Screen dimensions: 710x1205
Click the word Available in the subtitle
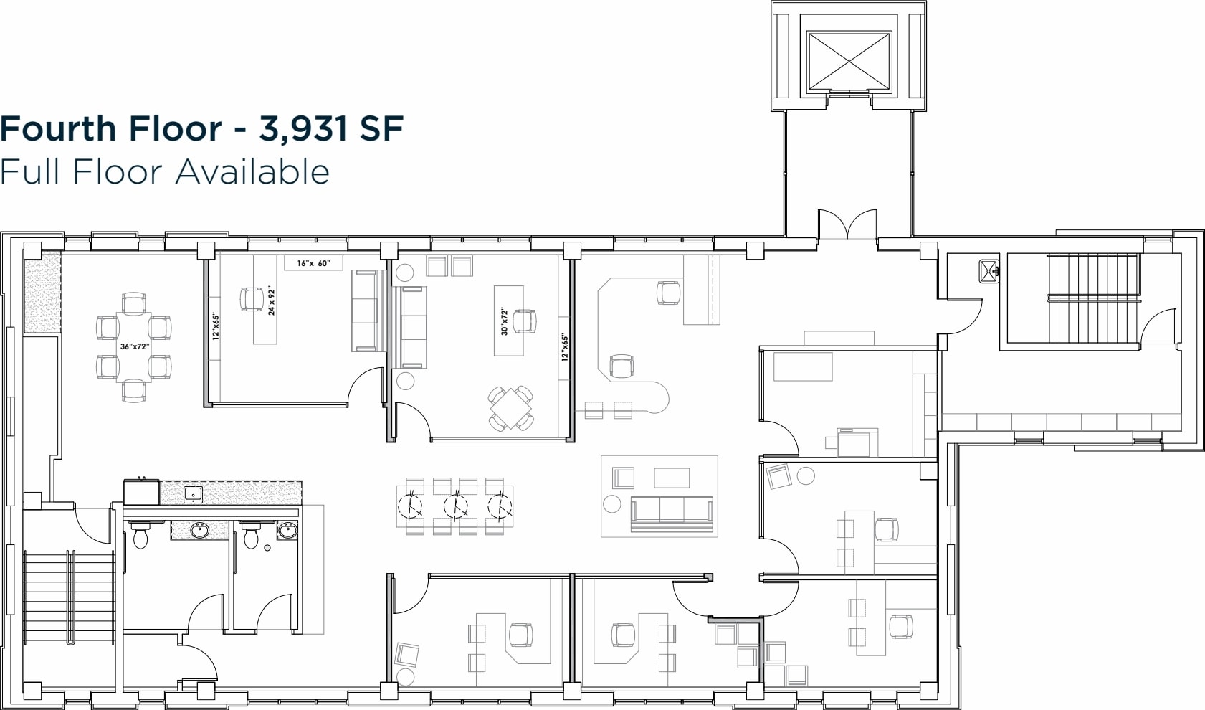(x=253, y=172)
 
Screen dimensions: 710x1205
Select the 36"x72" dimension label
(x=134, y=347)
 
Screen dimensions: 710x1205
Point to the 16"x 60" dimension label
(x=314, y=263)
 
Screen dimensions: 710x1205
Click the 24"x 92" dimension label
(x=272, y=302)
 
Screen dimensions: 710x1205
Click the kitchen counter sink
(x=193, y=493)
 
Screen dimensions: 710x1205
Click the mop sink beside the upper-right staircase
(x=990, y=271)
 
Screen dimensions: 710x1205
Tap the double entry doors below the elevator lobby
(x=847, y=223)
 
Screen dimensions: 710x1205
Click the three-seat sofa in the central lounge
(x=672, y=513)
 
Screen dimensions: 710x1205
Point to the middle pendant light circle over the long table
(x=455, y=506)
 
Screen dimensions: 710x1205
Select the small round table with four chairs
(x=510, y=409)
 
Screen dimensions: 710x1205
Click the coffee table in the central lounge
(x=672, y=478)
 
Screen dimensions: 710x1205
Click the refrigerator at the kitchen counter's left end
(x=140, y=492)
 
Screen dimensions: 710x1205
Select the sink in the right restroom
(x=287, y=531)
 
